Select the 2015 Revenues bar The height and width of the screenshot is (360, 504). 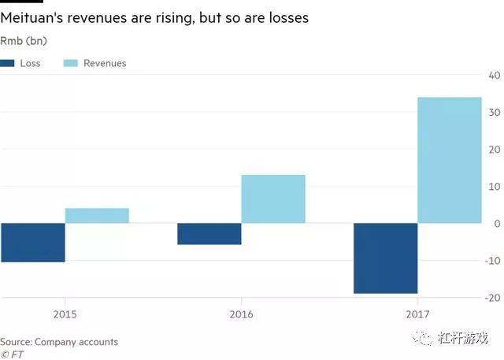pyautogui.click(x=97, y=216)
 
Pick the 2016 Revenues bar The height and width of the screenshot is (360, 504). pyautogui.click(x=273, y=199)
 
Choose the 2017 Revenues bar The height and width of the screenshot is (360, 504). pyautogui.click(x=450, y=161)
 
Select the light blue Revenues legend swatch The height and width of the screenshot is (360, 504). pyautogui.click(x=73, y=63)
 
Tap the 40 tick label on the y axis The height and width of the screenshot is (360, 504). pyautogui.click(x=495, y=76)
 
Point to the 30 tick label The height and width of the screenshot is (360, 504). pyautogui.click(x=495, y=113)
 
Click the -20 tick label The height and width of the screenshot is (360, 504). pyautogui.click(x=493, y=297)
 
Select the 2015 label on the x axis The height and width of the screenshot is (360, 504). pyautogui.click(x=65, y=314)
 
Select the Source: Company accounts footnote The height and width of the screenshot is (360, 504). pyautogui.click(x=59, y=342)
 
